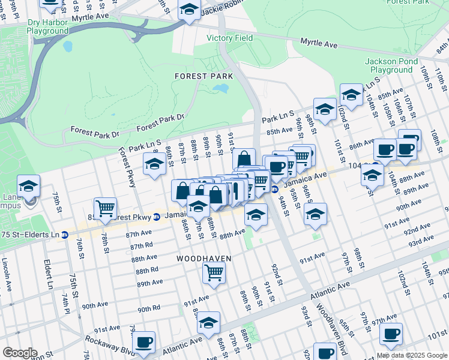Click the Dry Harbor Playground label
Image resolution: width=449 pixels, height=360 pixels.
pyautogui.click(x=47, y=26)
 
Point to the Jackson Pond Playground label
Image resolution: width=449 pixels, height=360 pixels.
pyautogui.click(x=388, y=65)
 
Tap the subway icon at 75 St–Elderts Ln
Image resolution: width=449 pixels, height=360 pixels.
pyautogui.click(x=64, y=235)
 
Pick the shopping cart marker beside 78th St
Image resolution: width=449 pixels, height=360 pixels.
pyautogui.click(x=105, y=208)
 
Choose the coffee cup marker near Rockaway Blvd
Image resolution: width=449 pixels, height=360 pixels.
pyautogui.click(x=143, y=342)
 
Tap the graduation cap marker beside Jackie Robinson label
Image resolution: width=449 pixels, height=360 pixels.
pyautogui.click(x=189, y=9)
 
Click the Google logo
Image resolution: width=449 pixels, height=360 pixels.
pyautogui.click(x=20, y=353)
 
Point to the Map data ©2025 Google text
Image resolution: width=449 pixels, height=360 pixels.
pyautogui.click(x=412, y=355)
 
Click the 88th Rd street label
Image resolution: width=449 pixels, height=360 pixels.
pyautogui.click(x=147, y=271)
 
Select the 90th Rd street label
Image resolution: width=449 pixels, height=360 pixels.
pyautogui.click(x=148, y=309)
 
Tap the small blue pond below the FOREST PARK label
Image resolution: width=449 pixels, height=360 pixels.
pyautogui.click(x=221, y=89)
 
